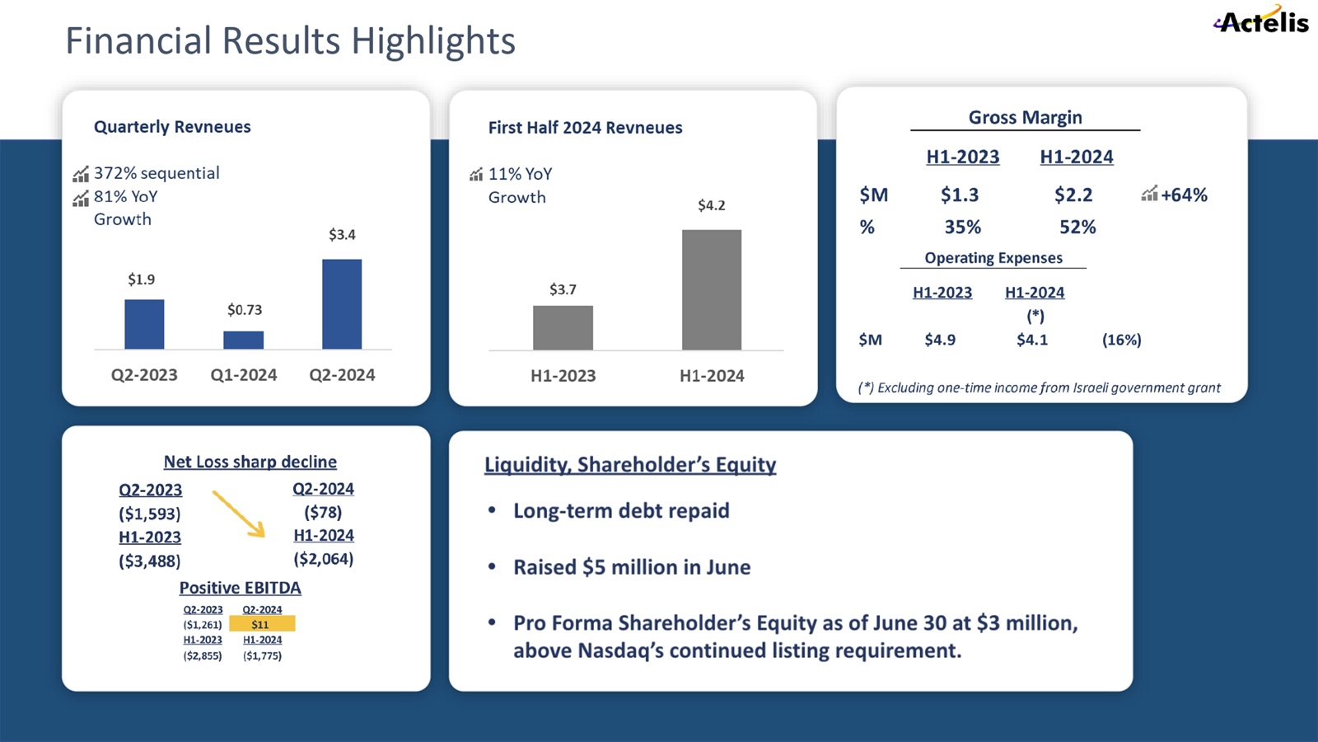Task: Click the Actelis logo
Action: (x=1262, y=21)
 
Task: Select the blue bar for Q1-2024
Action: (x=244, y=340)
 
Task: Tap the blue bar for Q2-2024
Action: (x=342, y=304)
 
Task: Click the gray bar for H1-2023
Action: (x=563, y=327)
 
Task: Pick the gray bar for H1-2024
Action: (x=712, y=289)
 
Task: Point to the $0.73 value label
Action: (x=245, y=310)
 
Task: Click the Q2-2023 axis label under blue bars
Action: (x=144, y=375)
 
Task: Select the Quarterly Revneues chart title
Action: (x=172, y=127)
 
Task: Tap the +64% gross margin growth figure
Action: (x=1184, y=195)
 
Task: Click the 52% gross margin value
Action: (x=1077, y=228)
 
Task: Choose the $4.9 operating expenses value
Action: (x=940, y=340)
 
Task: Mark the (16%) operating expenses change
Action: (x=1121, y=340)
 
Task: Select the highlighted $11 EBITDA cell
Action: (x=261, y=624)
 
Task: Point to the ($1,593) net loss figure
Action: (x=150, y=514)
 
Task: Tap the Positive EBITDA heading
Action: (x=241, y=588)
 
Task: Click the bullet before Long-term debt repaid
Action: (x=492, y=511)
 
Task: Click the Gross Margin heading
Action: (x=1025, y=118)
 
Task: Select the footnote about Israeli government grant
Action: (x=1039, y=387)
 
